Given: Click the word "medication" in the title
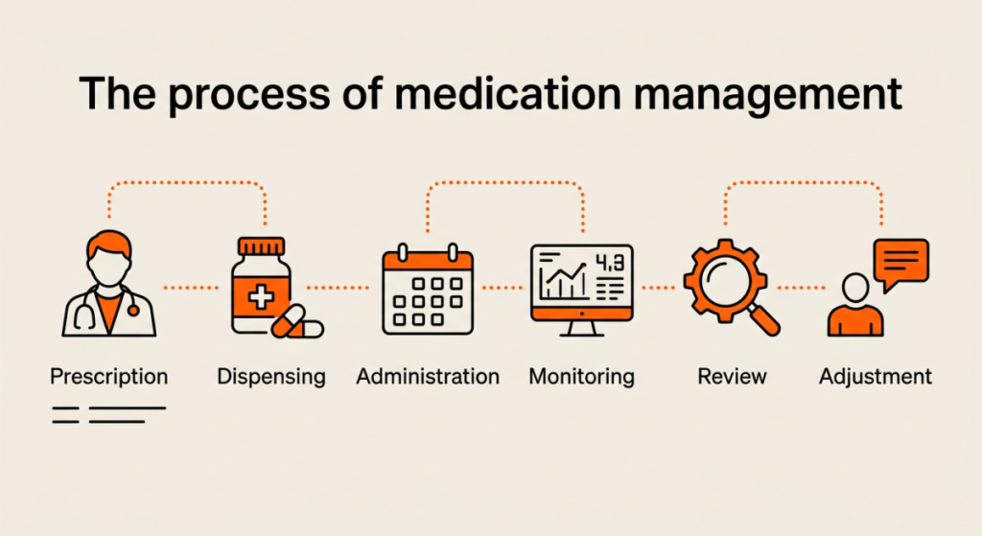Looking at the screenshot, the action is (509, 93).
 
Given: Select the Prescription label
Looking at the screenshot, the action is (109, 377).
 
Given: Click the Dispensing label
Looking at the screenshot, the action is (271, 377).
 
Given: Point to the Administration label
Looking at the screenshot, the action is (428, 376).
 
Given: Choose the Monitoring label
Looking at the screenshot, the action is (582, 377).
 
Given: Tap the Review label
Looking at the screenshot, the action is (732, 376).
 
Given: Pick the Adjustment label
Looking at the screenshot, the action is (876, 377).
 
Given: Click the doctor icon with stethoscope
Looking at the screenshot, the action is (109, 284).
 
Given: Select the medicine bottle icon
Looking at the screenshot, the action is (261, 285).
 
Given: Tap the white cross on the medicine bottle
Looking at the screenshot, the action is (261, 297).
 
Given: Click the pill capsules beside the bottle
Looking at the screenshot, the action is (297, 322).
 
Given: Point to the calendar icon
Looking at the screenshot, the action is (428, 290).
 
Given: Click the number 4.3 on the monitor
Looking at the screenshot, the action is (609, 263).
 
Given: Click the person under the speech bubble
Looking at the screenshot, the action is (855, 306).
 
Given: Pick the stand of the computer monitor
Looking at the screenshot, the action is (582, 329).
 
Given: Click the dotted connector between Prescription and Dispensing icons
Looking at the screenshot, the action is (191, 288).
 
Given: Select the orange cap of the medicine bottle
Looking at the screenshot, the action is (261, 246).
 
